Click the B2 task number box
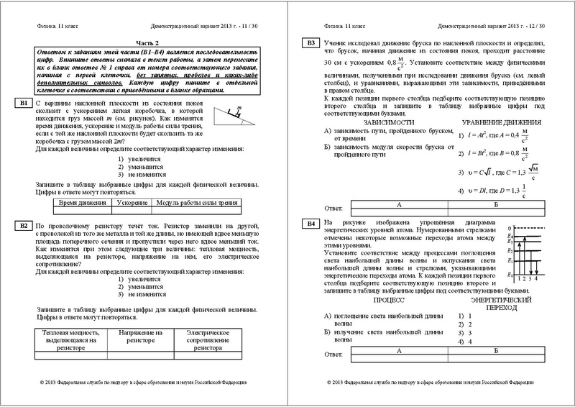pyautogui.click(x=23, y=226)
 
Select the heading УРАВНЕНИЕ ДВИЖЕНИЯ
pyautogui.click(x=494, y=123)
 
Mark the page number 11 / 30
pyautogui.click(x=252, y=23)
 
